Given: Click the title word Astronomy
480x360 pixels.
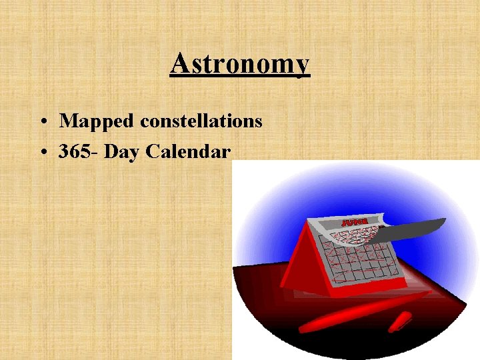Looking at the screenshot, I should tap(239, 65).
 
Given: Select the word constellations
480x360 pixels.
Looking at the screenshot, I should tap(201, 121).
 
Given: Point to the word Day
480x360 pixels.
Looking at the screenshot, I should tap(122, 152).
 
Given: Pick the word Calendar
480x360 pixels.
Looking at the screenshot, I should tap(188, 151).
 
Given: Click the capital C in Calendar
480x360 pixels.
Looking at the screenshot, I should tap(152, 151).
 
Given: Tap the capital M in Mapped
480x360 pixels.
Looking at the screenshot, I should tap(67, 121).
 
